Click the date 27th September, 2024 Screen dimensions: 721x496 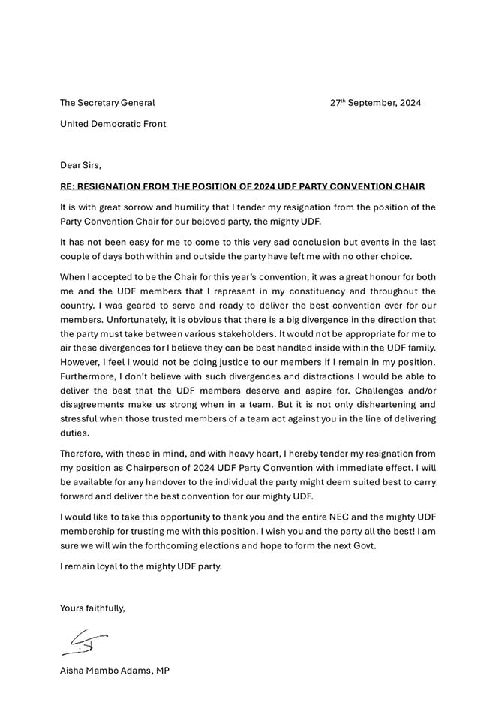375,103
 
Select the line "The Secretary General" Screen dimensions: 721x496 107,103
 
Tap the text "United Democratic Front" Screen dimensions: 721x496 113,124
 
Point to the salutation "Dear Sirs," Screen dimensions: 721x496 80,165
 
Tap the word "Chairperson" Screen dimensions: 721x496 149,468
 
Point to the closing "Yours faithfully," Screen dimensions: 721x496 92,608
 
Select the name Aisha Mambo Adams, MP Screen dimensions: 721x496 114,671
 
